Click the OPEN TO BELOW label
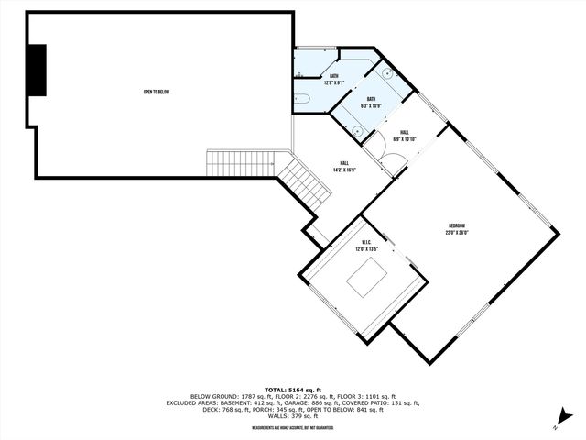pyautogui.click(x=157, y=92)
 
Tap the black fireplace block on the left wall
pyautogui.click(x=37, y=70)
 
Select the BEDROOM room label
pyautogui.click(x=457, y=226)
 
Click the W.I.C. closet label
pyautogui.click(x=366, y=242)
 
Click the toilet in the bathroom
pyautogui.click(x=306, y=98)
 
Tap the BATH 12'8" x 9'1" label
pyautogui.click(x=335, y=80)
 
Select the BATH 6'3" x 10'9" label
pyautogui.click(x=372, y=102)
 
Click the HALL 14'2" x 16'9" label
pyautogui.click(x=342, y=166)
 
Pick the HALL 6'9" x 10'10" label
pyautogui.click(x=405, y=136)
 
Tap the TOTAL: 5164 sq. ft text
pyautogui.click(x=293, y=389)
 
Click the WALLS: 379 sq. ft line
pyautogui.click(x=293, y=418)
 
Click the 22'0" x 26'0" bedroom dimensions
pyautogui.click(x=457, y=233)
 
